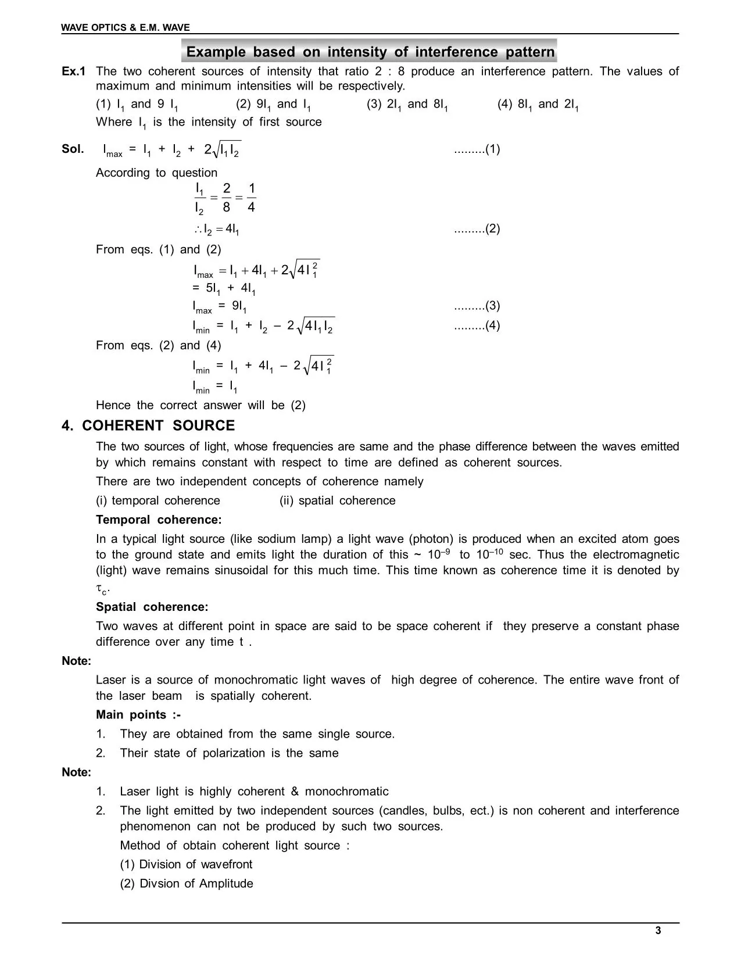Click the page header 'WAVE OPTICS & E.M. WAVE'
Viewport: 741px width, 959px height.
click(x=126, y=27)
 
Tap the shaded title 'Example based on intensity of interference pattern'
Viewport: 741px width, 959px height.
click(x=370, y=52)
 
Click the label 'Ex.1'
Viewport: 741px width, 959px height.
click(x=73, y=71)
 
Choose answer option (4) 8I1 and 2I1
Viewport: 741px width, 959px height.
click(x=538, y=105)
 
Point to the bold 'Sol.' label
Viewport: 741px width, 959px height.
click(x=73, y=149)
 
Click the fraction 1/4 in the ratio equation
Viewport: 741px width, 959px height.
click(x=251, y=198)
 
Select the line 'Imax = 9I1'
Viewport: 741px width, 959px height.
click(x=220, y=307)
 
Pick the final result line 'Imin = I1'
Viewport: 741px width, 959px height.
click(x=215, y=386)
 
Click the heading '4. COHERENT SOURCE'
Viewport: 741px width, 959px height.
click(x=148, y=426)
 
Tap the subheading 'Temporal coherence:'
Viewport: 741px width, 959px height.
click(x=159, y=520)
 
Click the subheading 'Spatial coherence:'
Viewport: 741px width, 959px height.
click(x=152, y=607)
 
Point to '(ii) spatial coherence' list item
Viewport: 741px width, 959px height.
click(x=337, y=501)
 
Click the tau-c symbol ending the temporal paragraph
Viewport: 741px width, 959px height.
click(x=102, y=590)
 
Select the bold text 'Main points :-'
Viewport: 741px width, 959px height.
click(x=138, y=715)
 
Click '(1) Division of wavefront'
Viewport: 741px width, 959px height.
click(x=186, y=864)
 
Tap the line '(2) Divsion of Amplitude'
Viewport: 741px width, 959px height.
click(x=187, y=883)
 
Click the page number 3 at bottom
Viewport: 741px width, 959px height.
click(x=658, y=931)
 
